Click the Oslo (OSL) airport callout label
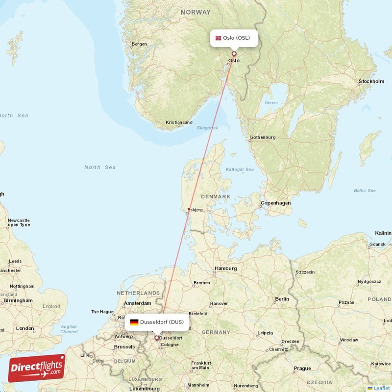pos(234,38)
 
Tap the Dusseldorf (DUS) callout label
pos(157,322)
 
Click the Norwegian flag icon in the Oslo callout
pos(218,38)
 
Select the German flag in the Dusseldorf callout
pos(134,322)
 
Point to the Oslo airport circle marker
pos(234,54)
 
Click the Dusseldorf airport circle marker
pos(157,338)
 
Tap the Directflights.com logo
pos(37,368)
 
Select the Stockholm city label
pos(371,81)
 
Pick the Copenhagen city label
pos(276,203)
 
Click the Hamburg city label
pos(226,269)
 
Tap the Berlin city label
pos(282,299)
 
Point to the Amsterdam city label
pos(137,304)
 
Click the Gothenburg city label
pos(263,138)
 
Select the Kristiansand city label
pos(179,122)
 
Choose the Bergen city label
pos(139,44)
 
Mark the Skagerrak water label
pos(207,128)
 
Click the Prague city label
pos(302,368)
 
